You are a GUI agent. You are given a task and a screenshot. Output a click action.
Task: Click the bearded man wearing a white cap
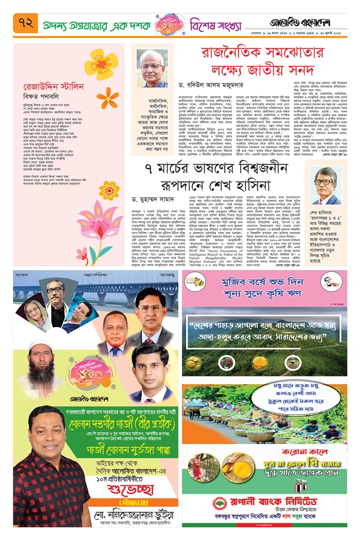[40, 369]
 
